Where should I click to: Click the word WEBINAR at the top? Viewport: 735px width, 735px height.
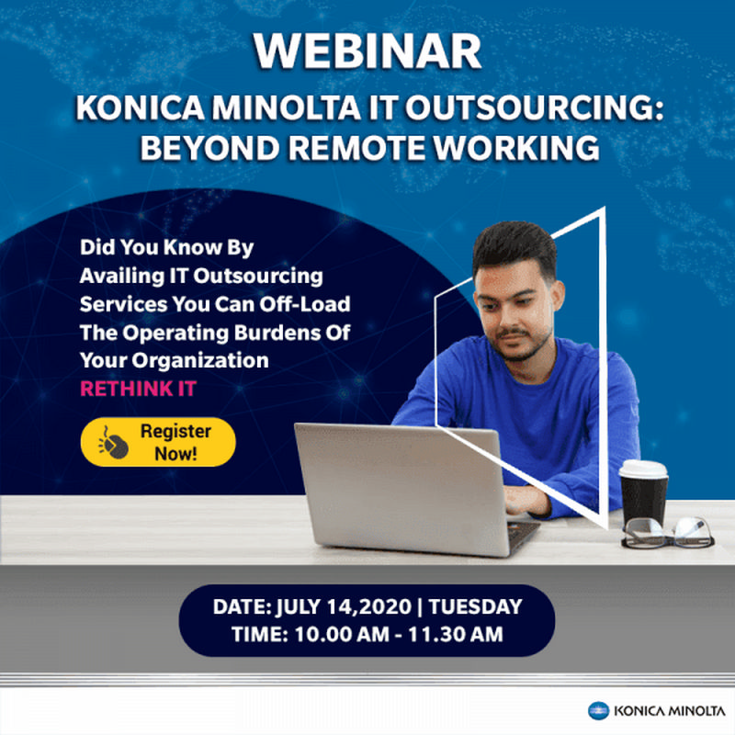pos(367,51)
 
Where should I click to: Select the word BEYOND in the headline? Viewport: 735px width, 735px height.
pos(210,148)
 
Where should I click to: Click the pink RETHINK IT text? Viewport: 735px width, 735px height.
pos(139,389)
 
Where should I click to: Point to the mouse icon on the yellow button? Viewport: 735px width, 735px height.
pos(113,443)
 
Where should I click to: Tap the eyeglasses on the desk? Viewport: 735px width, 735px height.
pos(668,533)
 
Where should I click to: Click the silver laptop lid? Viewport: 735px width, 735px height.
pos(401,488)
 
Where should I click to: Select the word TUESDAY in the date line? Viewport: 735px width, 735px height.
pos(475,606)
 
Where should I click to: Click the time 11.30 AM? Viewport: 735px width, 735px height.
pos(455,635)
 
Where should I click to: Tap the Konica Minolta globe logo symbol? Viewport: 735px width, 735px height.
pos(598,710)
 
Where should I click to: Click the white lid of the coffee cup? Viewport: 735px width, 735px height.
pos(644,469)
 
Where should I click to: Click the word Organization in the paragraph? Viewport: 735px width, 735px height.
pos(200,361)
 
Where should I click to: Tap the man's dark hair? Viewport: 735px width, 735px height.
pos(514,246)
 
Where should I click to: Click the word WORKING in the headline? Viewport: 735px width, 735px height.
pos(515,148)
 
